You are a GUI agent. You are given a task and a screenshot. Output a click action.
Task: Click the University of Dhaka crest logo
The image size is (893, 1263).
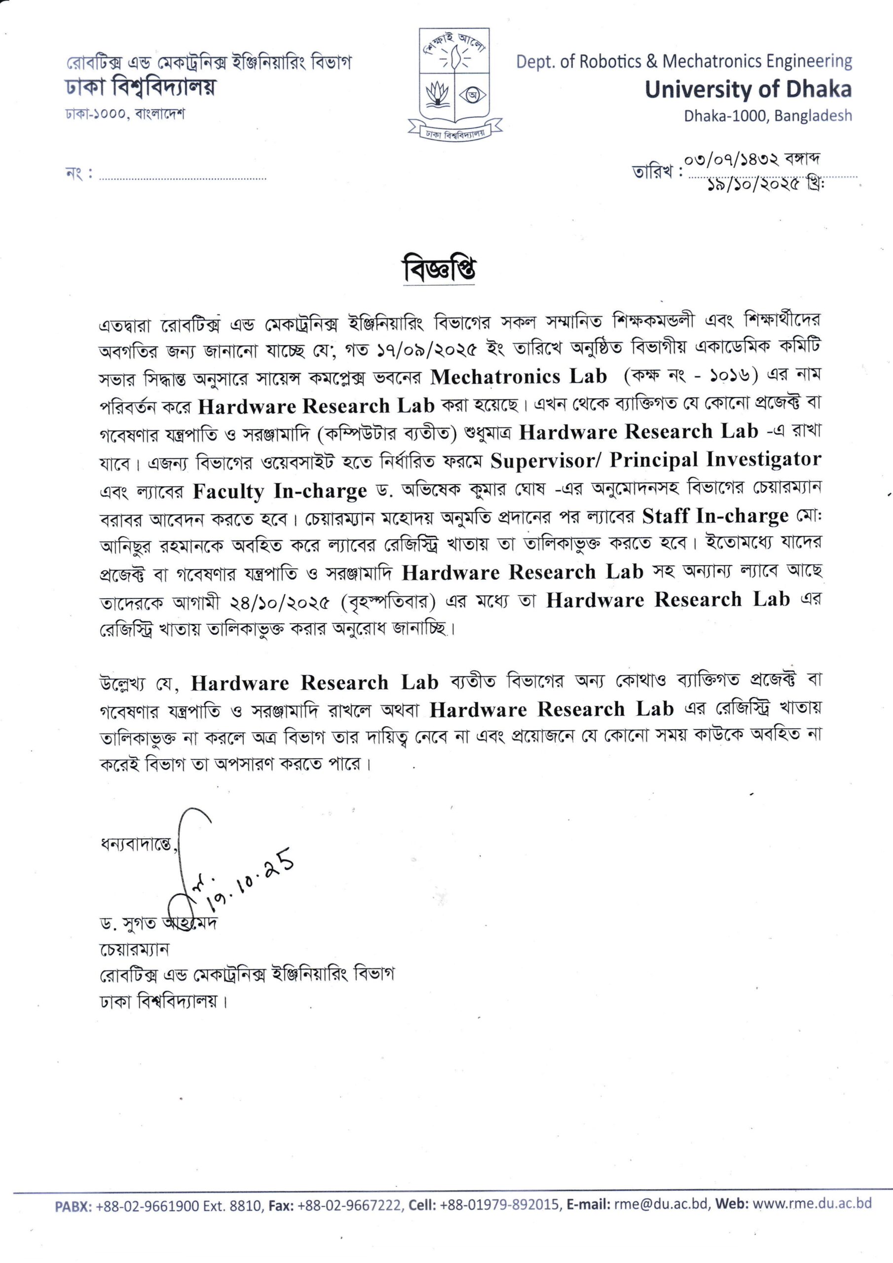click(x=454, y=82)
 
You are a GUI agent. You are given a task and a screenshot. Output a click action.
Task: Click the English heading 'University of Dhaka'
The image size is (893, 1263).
click(x=748, y=90)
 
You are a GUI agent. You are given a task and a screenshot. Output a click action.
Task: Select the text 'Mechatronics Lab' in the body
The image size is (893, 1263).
click(x=519, y=377)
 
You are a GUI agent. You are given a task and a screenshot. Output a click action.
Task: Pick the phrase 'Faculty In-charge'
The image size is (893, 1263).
click(x=280, y=491)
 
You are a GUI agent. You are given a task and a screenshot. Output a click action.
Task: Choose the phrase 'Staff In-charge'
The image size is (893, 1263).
click(x=715, y=517)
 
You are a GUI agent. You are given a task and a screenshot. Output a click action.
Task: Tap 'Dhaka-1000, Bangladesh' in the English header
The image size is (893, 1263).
click(x=768, y=116)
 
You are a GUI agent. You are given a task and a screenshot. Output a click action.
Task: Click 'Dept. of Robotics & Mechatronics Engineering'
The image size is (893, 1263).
click(x=684, y=61)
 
